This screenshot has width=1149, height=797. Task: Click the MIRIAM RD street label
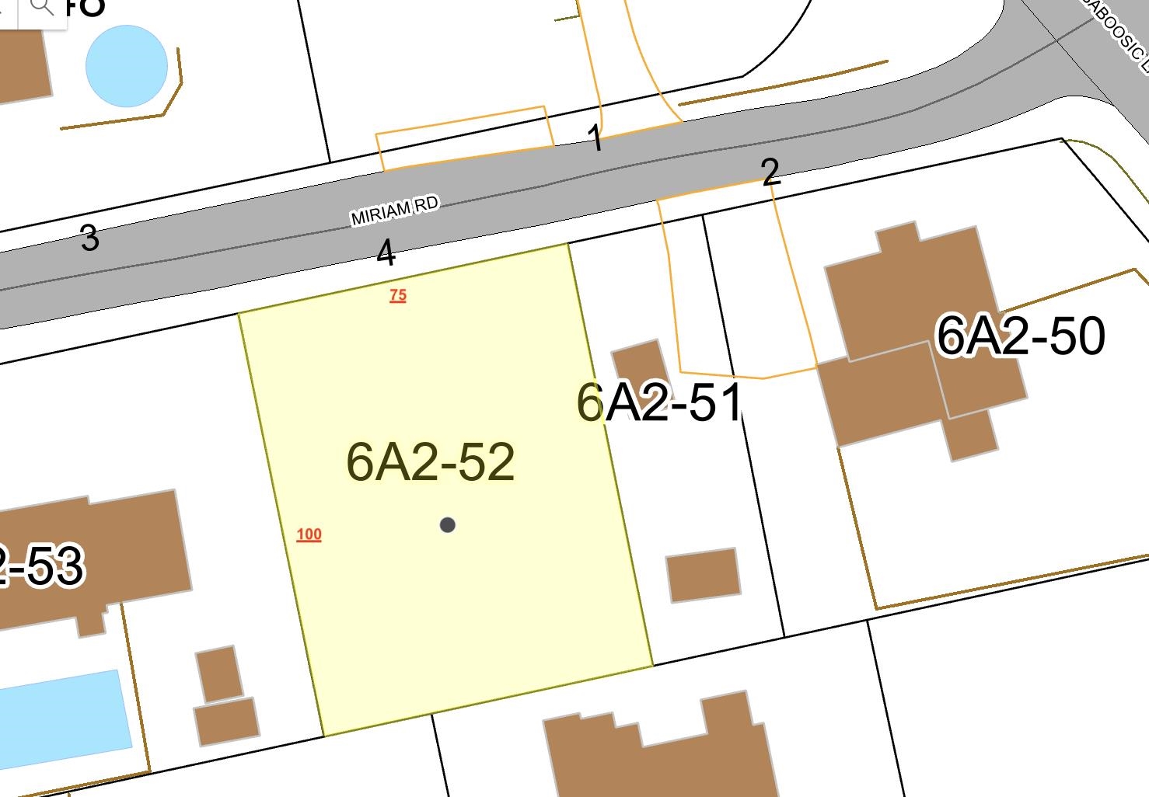(x=394, y=211)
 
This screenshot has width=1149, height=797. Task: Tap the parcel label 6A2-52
(x=430, y=462)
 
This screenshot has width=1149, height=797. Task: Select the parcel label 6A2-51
(x=659, y=403)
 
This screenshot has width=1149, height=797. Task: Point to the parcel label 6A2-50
(x=1020, y=336)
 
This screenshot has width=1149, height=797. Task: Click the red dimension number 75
(x=398, y=295)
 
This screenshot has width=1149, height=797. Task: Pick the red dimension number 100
(x=309, y=534)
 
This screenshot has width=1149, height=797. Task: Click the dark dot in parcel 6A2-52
(x=447, y=525)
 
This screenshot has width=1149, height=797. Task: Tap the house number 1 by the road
(x=595, y=138)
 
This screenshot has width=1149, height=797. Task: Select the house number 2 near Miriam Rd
(x=770, y=172)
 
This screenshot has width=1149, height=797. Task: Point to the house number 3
(x=89, y=238)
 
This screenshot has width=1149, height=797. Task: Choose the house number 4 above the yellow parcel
(x=386, y=253)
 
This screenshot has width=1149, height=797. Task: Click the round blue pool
(x=126, y=66)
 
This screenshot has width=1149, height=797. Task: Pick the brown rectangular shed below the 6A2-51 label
(x=703, y=575)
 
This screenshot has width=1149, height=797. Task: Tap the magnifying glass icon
(x=41, y=8)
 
